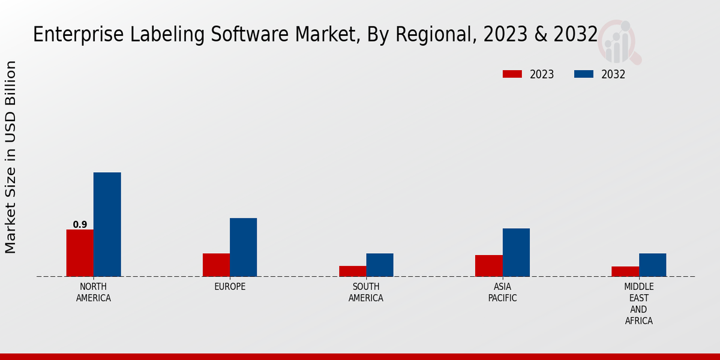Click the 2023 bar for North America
[x=80, y=253]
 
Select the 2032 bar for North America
[x=107, y=224]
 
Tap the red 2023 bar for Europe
[x=216, y=265]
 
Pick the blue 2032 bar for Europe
[x=243, y=247]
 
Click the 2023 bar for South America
[x=352, y=271]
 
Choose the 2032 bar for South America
[x=380, y=265]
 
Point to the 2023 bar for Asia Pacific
[x=488, y=266]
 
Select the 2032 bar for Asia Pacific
[x=516, y=252]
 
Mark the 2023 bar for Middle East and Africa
[x=625, y=271]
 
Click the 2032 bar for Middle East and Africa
[x=652, y=265]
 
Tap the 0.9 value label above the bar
[x=80, y=224]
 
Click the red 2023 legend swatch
[x=512, y=74]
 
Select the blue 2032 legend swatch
[x=583, y=74]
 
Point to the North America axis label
[x=94, y=292]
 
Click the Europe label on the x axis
[x=230, y=287]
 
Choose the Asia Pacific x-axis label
[x=502, y=292]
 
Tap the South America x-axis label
[x=366, y=292]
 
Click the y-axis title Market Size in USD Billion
[x=11, y=157]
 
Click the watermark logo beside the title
[x=619, y=42]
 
